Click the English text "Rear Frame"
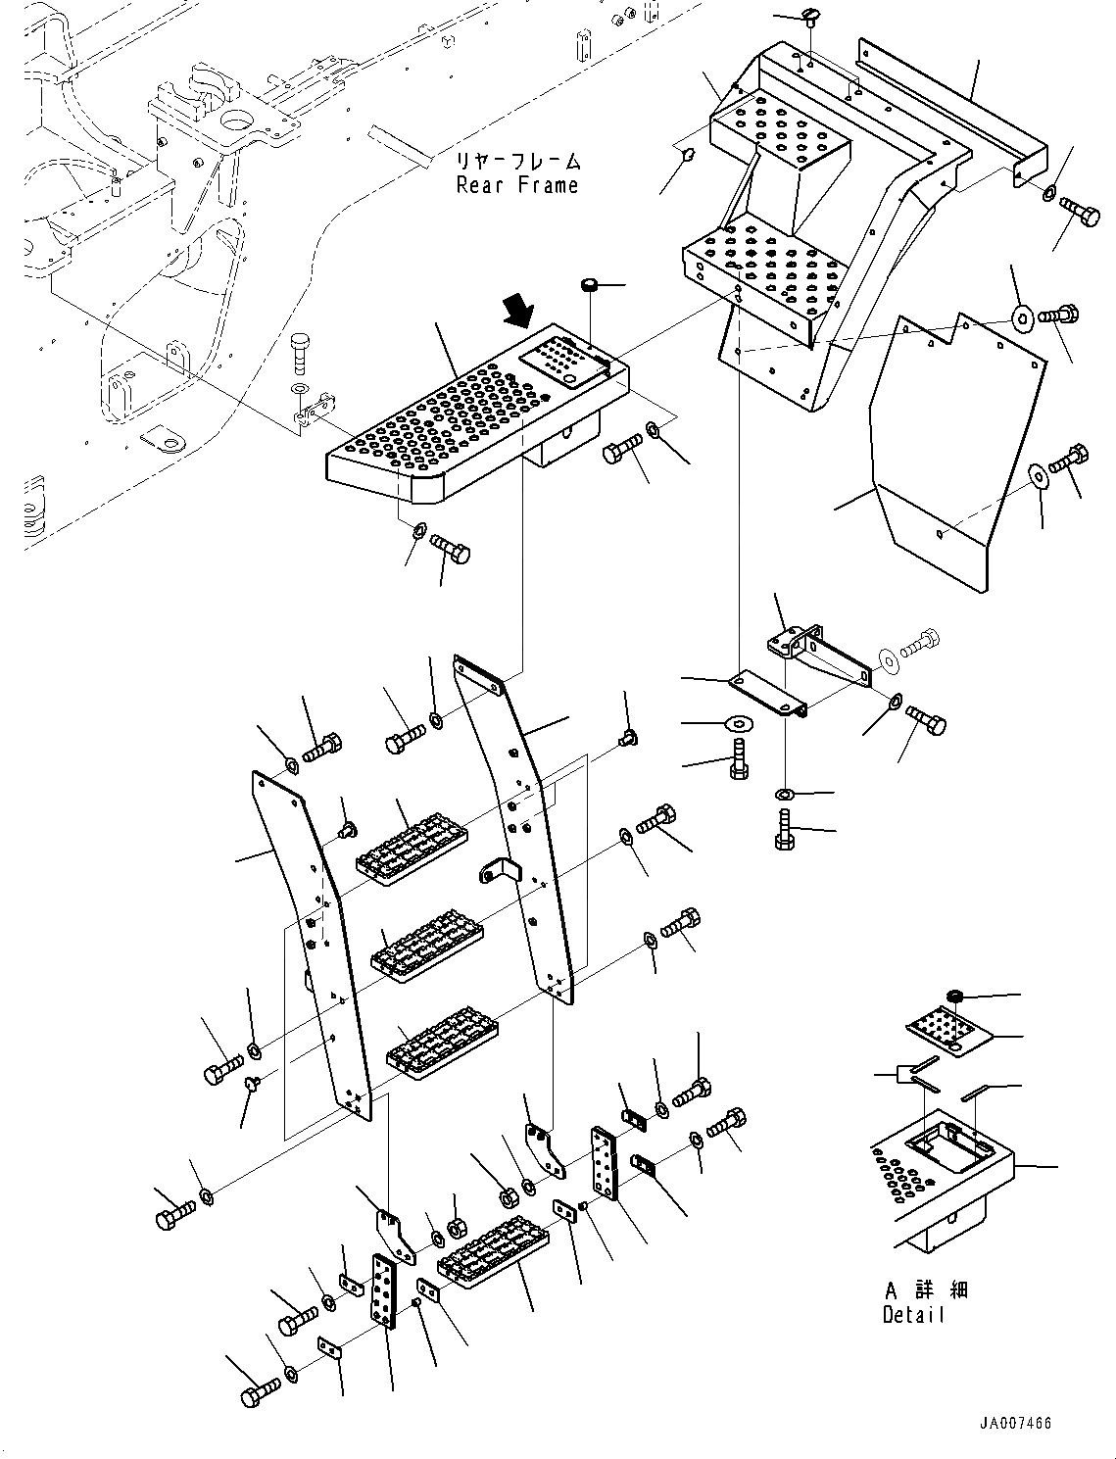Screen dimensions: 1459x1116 tap(517, 185)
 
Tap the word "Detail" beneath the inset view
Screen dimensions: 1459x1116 tap(913, 1315)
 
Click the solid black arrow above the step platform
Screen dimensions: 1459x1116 tap(516, 313)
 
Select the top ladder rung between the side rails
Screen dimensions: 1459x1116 tap(411, 844)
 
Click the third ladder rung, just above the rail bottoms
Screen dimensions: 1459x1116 tap(442, 1043)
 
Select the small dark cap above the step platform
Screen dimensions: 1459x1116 tap(590, 285)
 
